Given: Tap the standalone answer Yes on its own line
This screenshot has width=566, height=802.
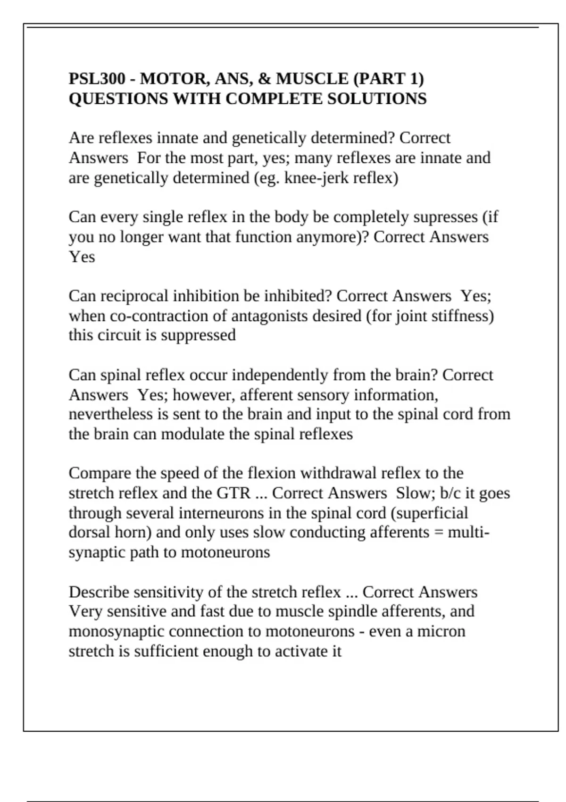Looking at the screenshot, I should [82, 257].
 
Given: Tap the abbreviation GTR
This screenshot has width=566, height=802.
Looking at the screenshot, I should [233, 493].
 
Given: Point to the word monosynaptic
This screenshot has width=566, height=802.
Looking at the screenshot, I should [116, 632].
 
